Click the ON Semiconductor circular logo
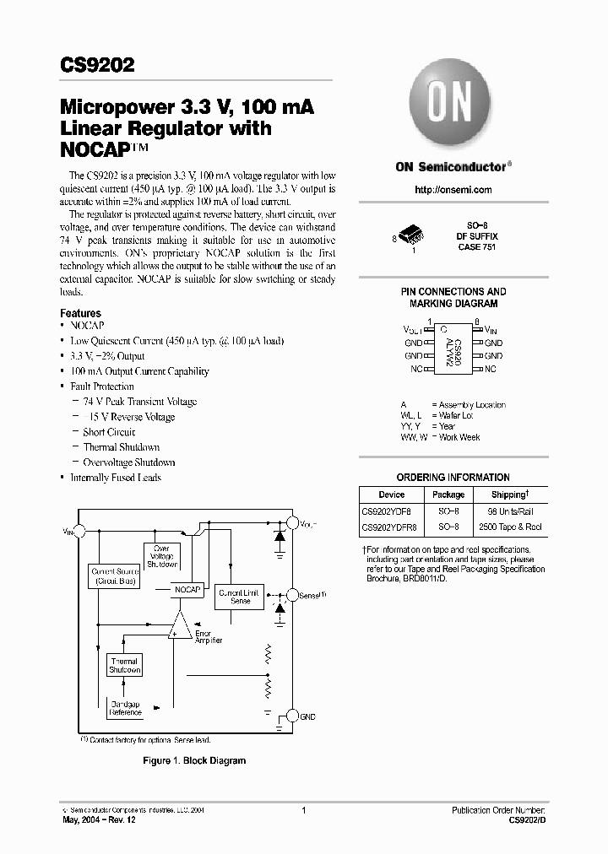coord(453,106)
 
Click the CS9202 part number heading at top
coord(97,66)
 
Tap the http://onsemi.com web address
coord(453,190)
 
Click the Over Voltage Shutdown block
coord(161,557)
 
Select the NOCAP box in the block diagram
coord(187,590)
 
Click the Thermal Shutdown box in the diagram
coord(124,666)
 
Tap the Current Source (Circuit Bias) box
coord(116,576)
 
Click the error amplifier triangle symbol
coord(180,626)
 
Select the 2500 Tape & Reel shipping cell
coord(509,527)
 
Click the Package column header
coord(448,495)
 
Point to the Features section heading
coord(80,313)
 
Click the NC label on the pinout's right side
coord(491,369)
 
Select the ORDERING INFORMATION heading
coord(453,477)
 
